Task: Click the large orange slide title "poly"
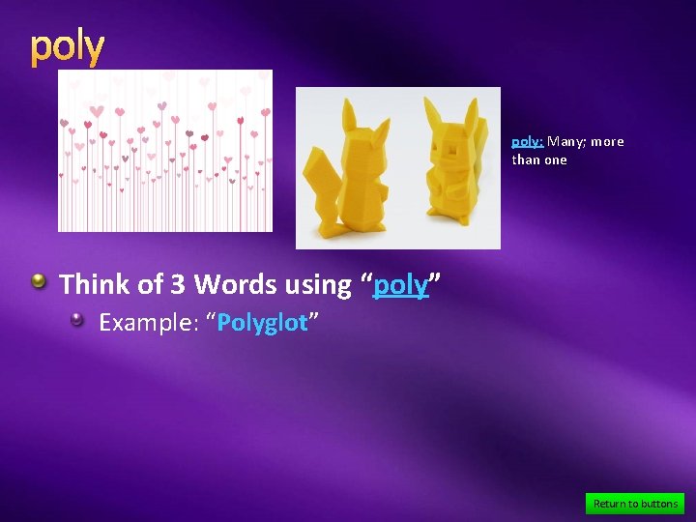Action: pyautogui.click(x=67, y=47)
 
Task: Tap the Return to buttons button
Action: pyautogui.click(x=635, y=504)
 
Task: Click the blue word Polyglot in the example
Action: pyautogui.click(x=262, y=323)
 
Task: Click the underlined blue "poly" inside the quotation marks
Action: pyautogui.click(x=400, y=285)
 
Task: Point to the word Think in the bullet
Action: pyautogui.click(x=95, y=284)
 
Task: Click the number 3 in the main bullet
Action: pyautogui.click(x=178, y=284)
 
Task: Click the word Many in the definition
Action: pyautogui.click(x=565, y=142)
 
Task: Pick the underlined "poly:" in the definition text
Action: pyautogui.click(x=528, y=142)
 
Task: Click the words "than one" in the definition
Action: pyautogui.click(x=539, y=160)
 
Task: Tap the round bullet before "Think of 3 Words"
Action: pyautogui.click(x=39, y=281)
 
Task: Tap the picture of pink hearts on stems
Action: pyautogui.click(x=164, y=151)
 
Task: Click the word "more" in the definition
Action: pyautogui.click(x=607, y=142)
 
